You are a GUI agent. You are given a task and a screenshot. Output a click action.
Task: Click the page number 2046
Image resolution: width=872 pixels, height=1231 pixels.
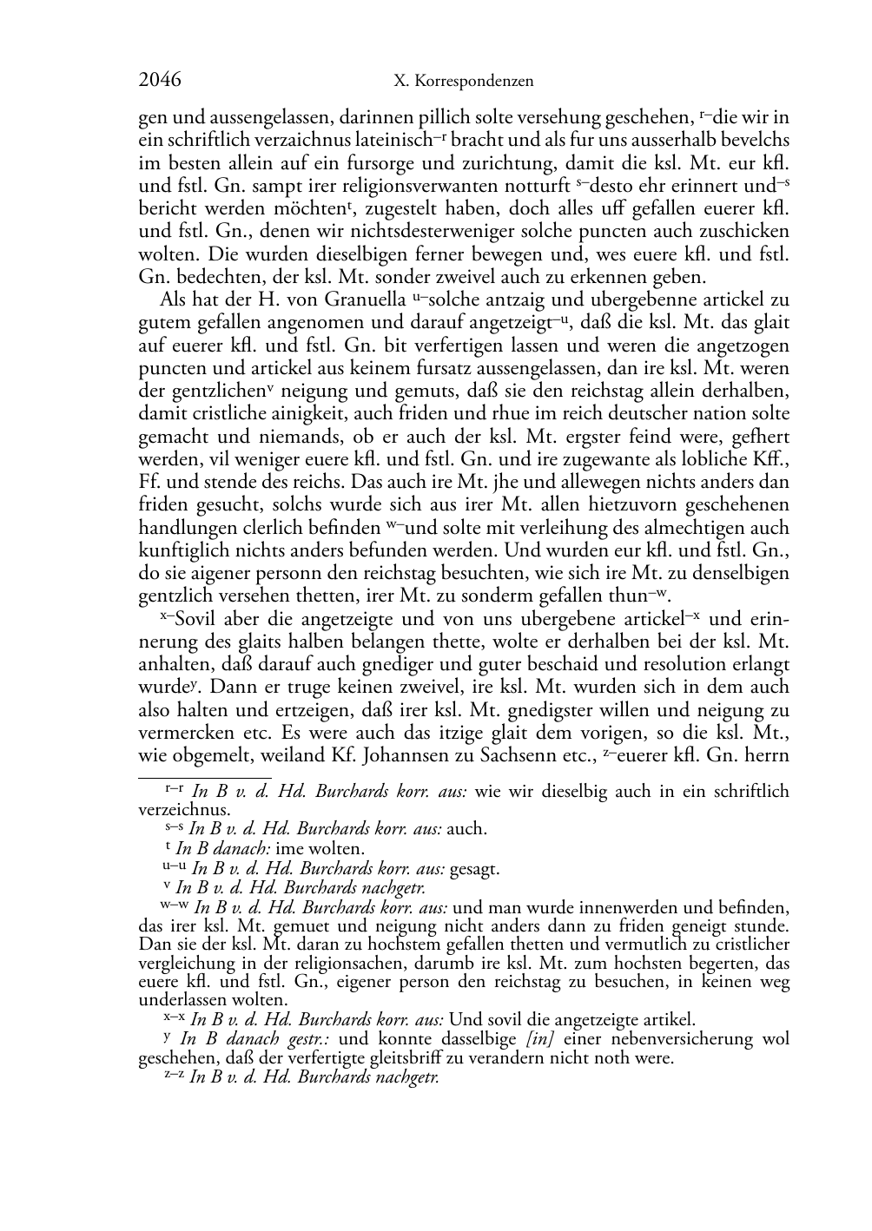point(160,81)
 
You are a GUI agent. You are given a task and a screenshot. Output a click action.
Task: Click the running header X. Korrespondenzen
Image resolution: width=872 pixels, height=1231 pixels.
point(463,82)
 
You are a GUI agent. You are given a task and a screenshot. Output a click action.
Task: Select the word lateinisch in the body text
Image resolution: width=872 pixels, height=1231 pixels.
point(388,140)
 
